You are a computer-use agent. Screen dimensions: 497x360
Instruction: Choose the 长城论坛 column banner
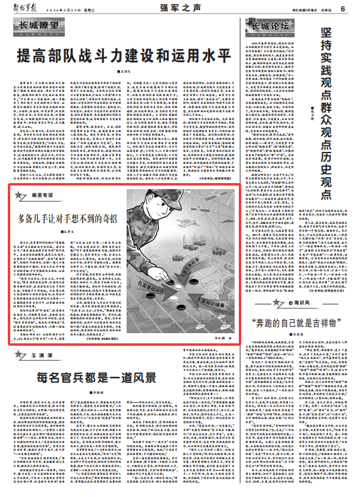coord(270,28)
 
